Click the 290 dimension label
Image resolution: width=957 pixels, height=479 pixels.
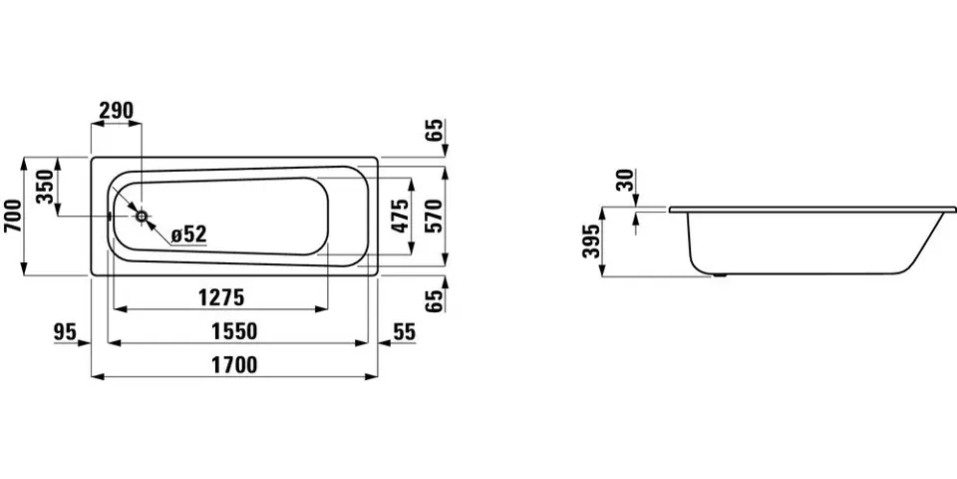click(x=116, y=111)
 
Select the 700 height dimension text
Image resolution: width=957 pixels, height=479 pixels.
click(x=12, y=217)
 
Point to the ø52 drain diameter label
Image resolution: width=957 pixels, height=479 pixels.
click(x=189, y=234)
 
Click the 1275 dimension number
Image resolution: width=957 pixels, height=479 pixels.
click(x=221, y=297)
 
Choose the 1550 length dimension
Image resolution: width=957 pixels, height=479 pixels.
click(x=235, y=331)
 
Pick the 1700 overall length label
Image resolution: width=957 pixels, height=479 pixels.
click(x=235, y=365)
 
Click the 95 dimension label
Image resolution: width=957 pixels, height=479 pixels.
click(x=64, y=331)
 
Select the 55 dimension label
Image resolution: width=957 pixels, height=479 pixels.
click(x=404, y=331)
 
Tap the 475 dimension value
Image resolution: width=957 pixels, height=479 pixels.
click(x=401, y=216)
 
